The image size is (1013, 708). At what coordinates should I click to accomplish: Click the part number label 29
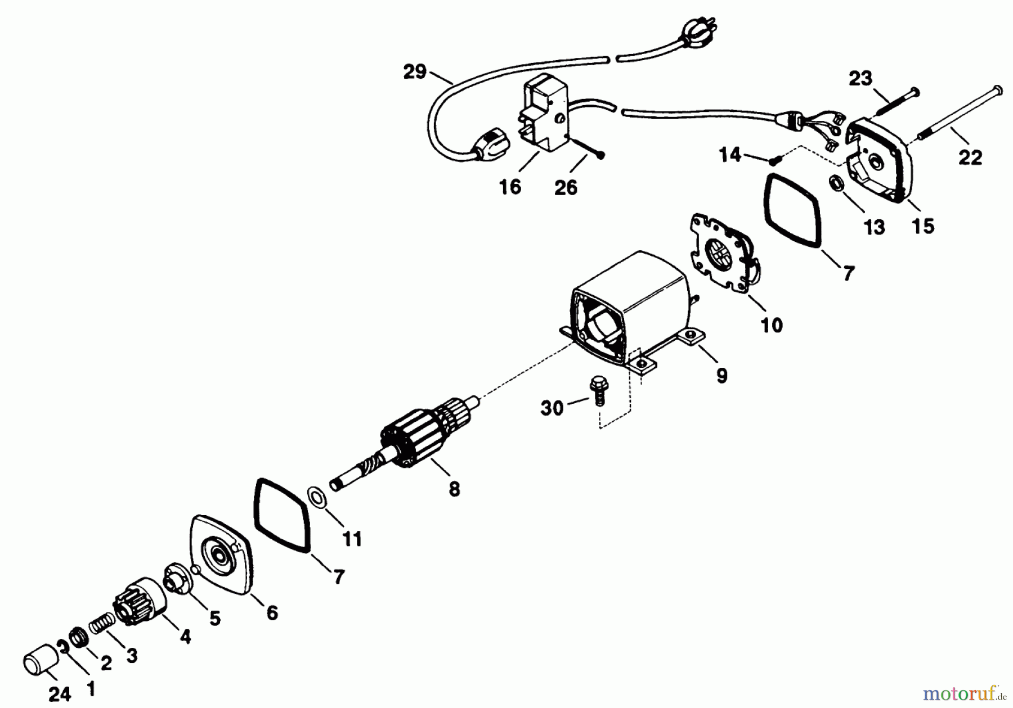[x=415, y=73]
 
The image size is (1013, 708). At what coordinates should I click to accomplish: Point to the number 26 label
[x=566, y=188]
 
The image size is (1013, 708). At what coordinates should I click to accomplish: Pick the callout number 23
[x=860, y=79]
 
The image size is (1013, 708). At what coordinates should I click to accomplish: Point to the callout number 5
[x=215, y=618]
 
